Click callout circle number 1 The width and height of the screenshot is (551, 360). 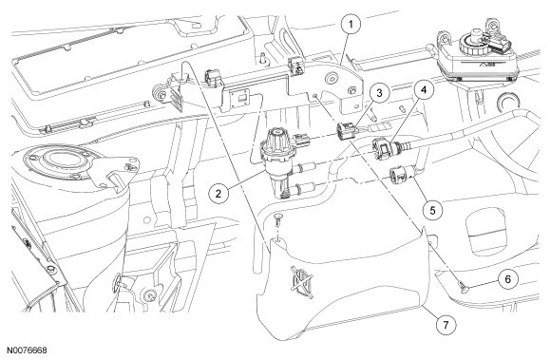[351, 25]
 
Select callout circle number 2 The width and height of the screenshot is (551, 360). [218, 193]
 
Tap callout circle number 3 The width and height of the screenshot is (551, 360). [379, 93]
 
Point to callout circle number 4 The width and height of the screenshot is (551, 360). [424, 90]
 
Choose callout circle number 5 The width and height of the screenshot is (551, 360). [432, 210]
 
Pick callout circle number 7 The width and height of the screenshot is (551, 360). [446, 325]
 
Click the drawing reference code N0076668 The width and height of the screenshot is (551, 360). [27, 351]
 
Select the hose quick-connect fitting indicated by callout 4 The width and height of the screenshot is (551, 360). [381, 147]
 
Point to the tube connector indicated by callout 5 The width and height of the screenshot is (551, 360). [398, 175]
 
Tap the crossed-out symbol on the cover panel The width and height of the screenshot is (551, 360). [302, 282]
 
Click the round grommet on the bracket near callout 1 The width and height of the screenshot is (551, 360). [331, 79]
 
